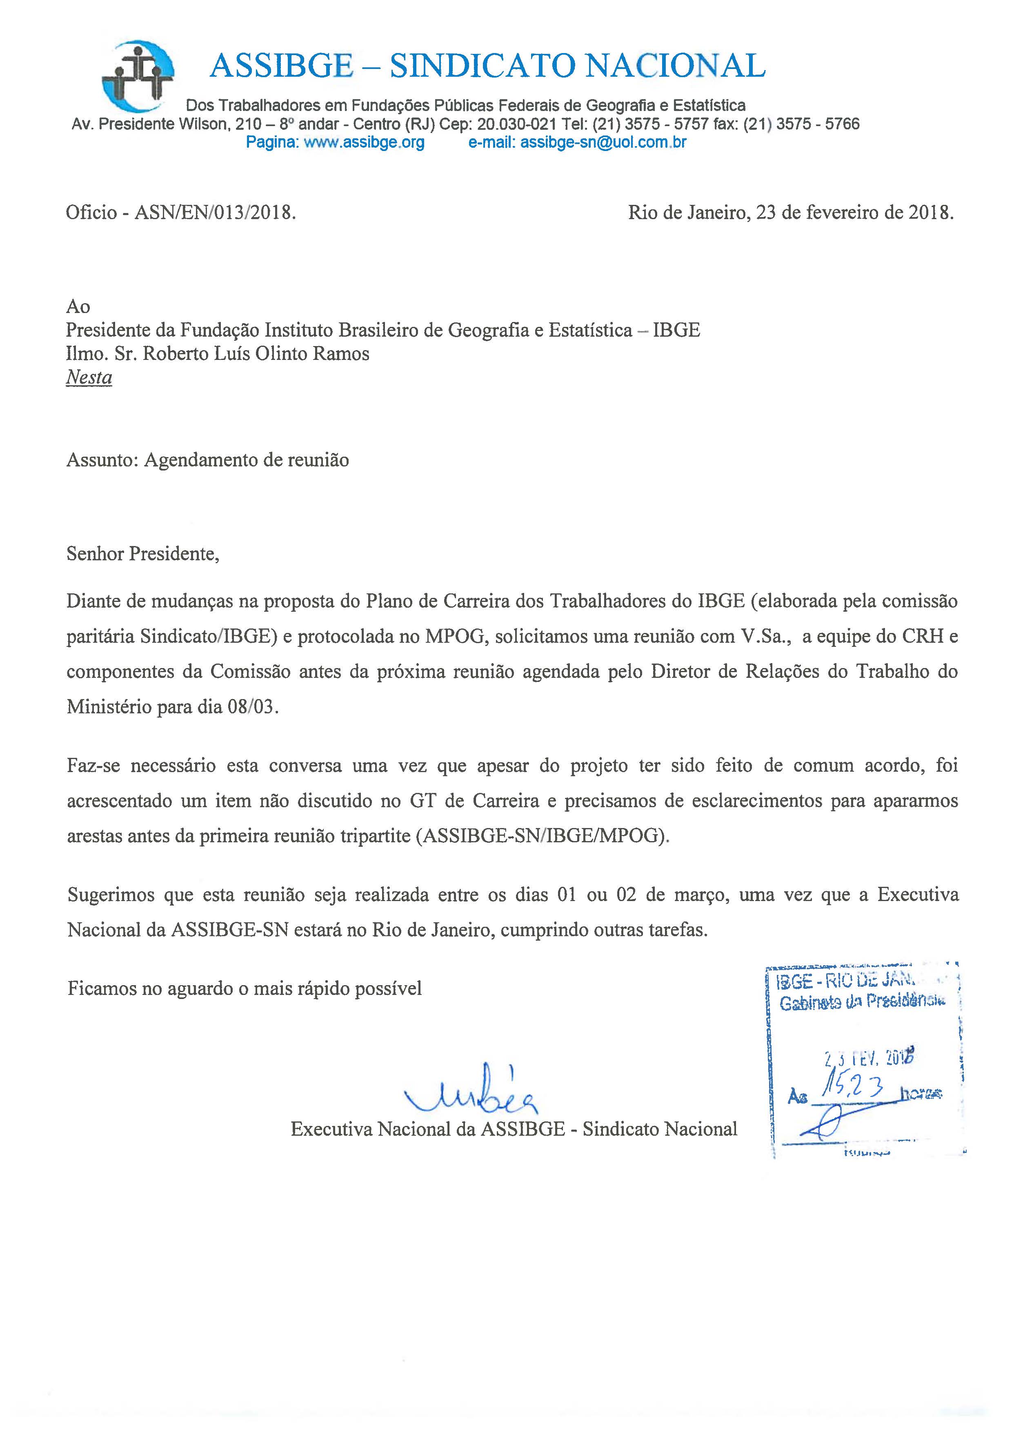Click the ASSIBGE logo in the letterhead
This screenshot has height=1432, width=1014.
pos(138,76)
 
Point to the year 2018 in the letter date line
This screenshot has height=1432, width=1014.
pos(930,213)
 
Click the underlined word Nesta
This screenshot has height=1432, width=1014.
pos(89,377)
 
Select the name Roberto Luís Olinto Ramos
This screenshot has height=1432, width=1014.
pos(256,354)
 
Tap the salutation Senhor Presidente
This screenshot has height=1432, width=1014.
pos(142,554)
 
